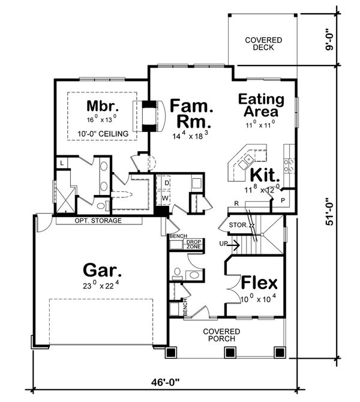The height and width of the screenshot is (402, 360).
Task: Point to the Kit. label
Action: coord(265,175)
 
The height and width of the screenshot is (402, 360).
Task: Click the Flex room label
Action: coord(259,283)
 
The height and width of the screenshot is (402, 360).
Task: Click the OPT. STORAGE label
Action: coord(98,221)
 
